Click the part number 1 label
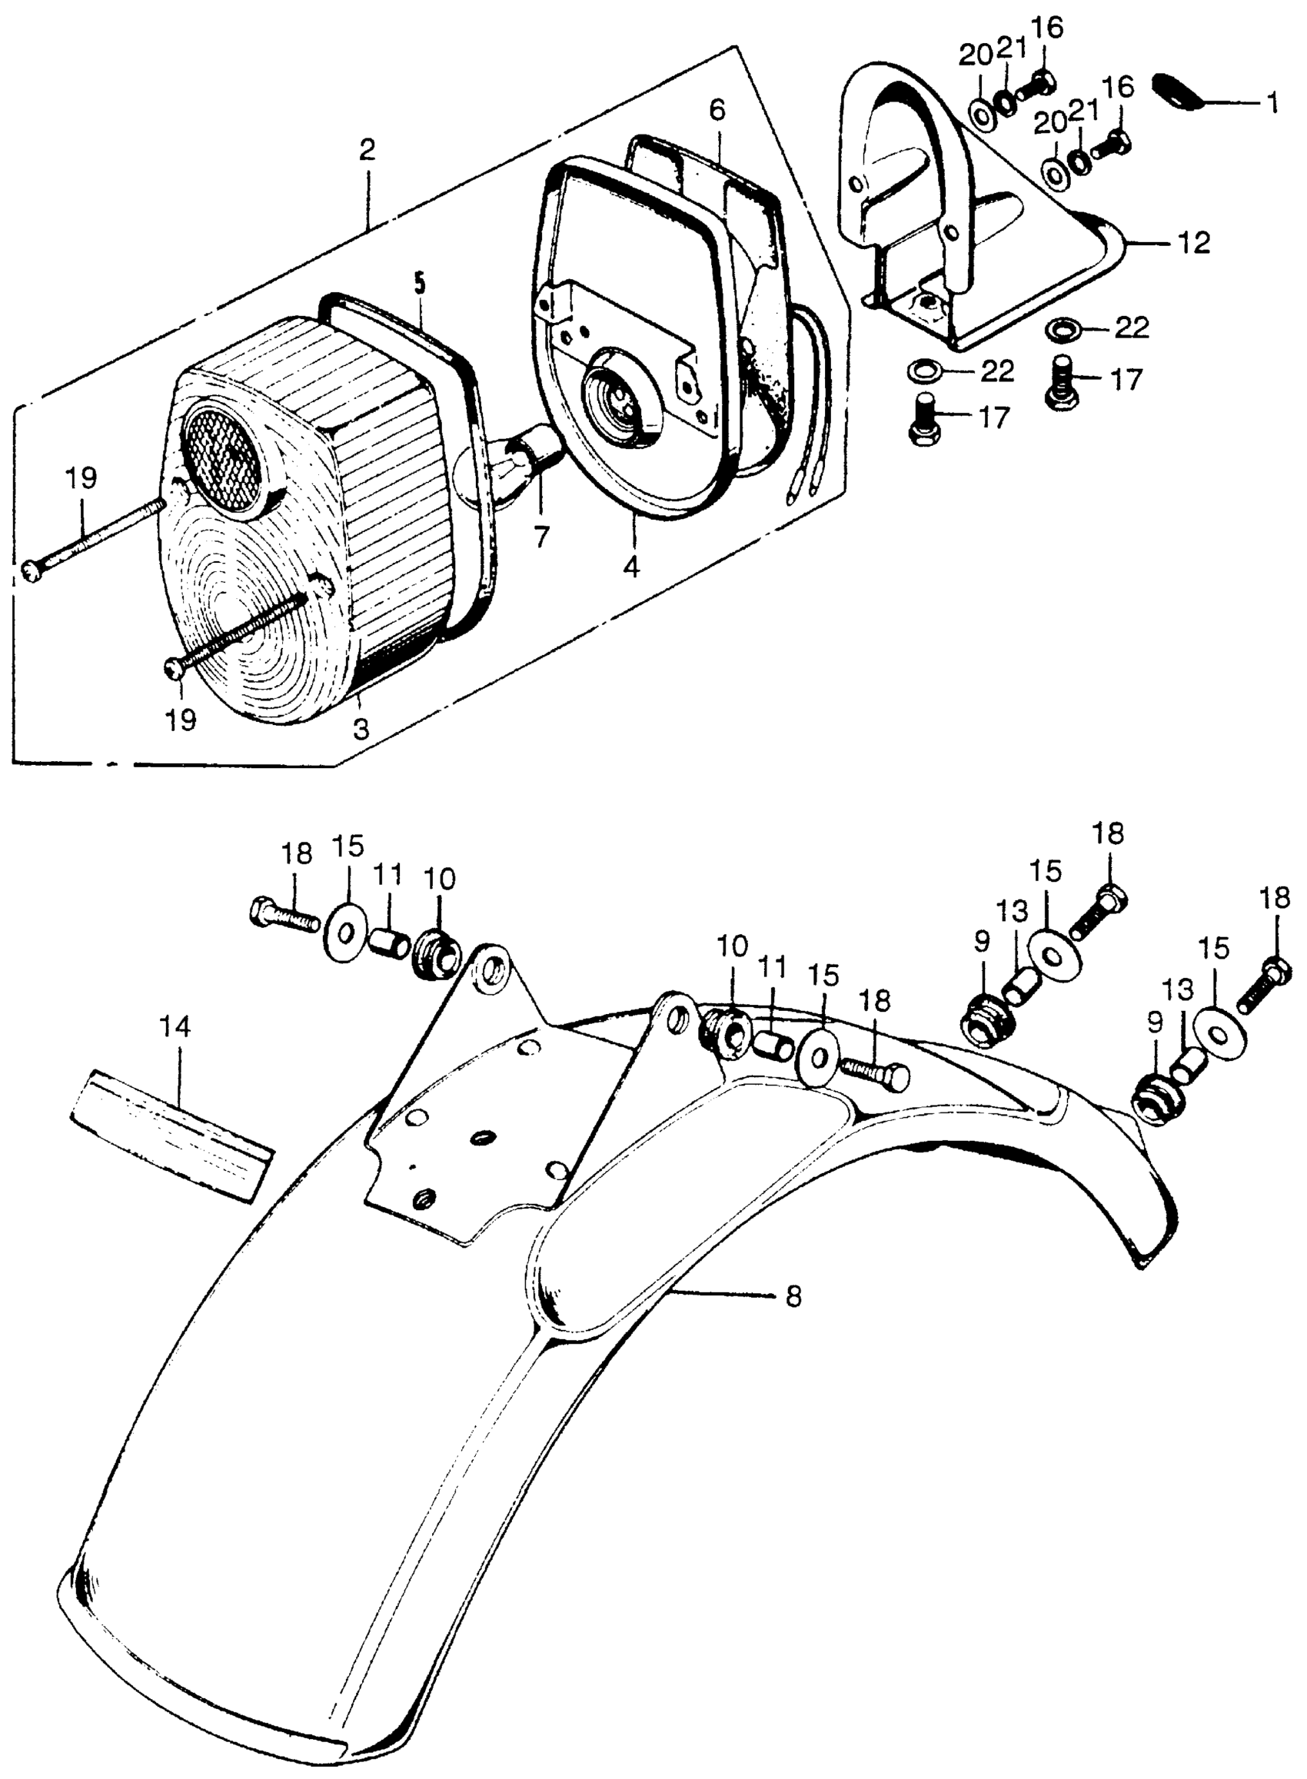(x=1272, y=104)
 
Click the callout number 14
(x=175, y=1028)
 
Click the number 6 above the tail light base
(x=716, y=111)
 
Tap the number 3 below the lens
(x=361, y=729)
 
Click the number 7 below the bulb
(x=541, y=538)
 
